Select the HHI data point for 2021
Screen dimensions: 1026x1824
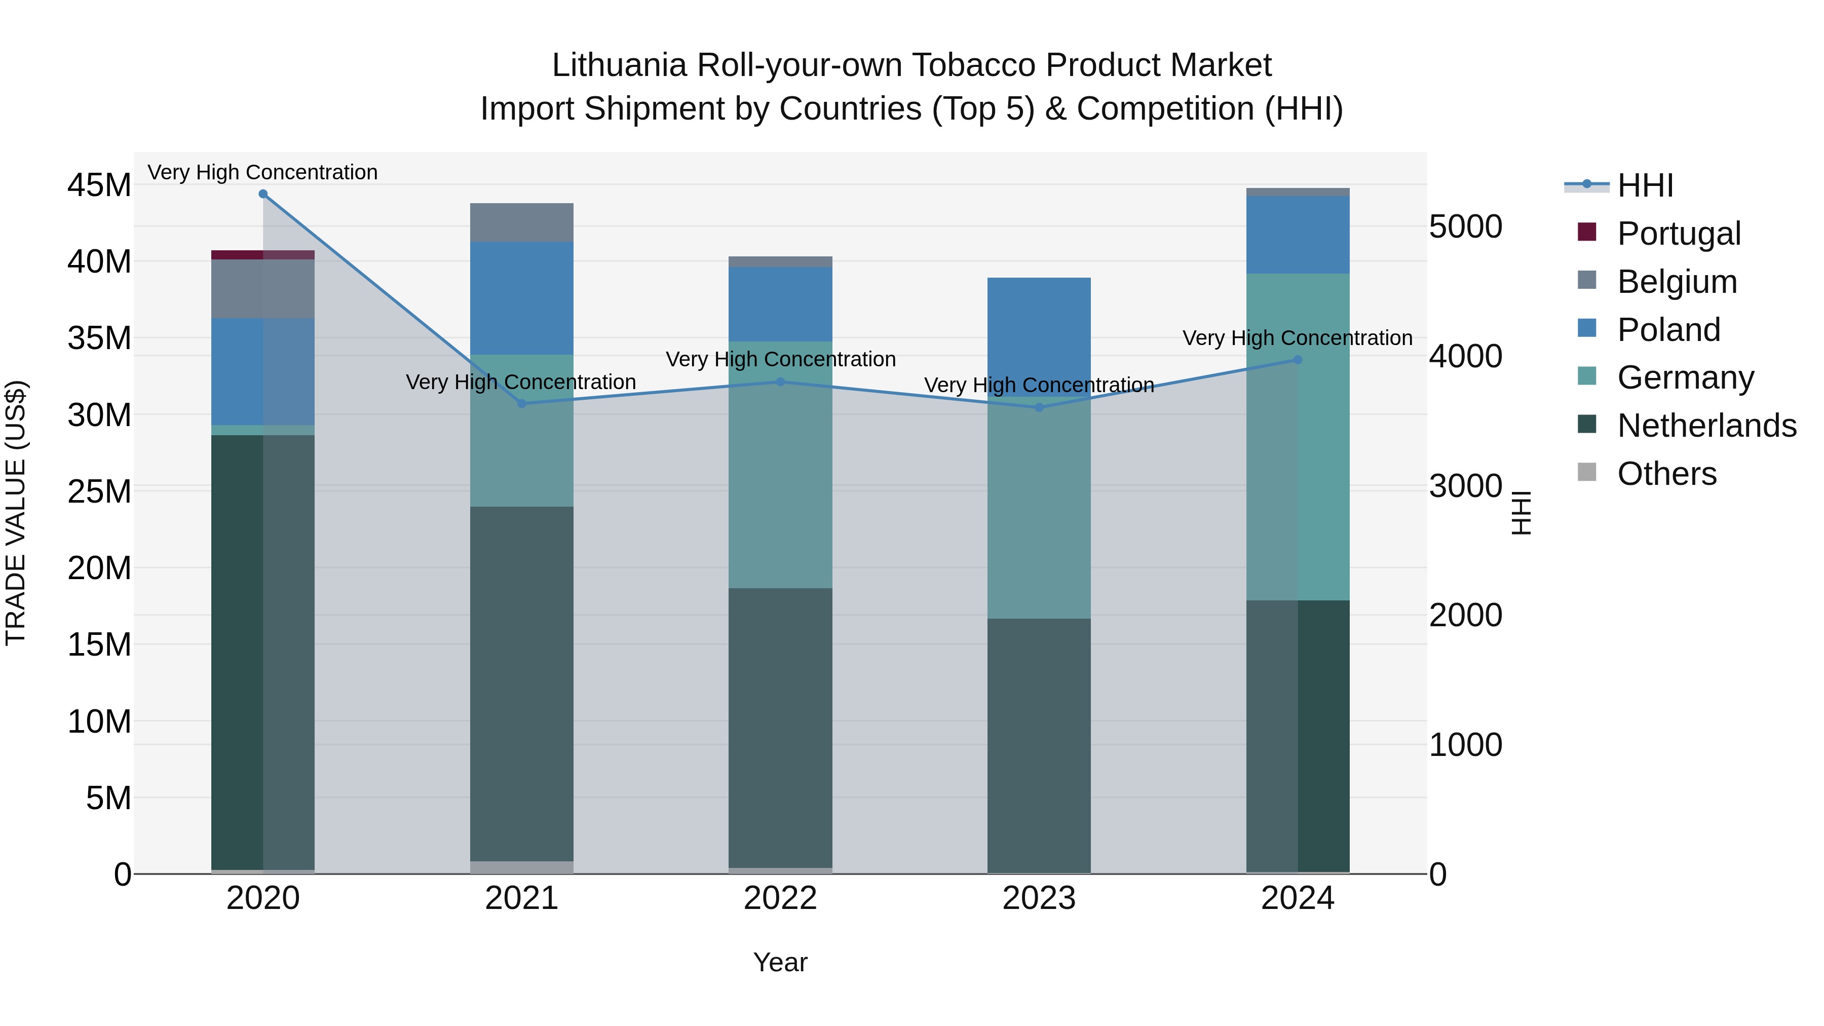click(522, 404)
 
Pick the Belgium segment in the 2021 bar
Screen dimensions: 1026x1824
click(522, 222)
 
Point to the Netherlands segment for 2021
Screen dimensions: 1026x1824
click(522, 683)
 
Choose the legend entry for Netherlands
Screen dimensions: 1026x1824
click(1706, 426)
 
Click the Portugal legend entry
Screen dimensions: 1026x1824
click(1678, 234)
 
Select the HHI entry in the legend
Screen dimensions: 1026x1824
click(1645, 185)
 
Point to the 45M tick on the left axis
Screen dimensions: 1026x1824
click(99, 185)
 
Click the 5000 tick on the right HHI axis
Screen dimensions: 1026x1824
click(1465, 226)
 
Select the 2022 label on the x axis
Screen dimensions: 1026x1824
click(780, 898)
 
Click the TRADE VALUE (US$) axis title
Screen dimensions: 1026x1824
click(16, 513)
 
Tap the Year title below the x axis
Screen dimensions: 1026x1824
click(780, 962)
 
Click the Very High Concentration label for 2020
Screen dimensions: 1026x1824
click(262, 172)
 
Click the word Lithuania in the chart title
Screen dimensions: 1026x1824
click(619, 65)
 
